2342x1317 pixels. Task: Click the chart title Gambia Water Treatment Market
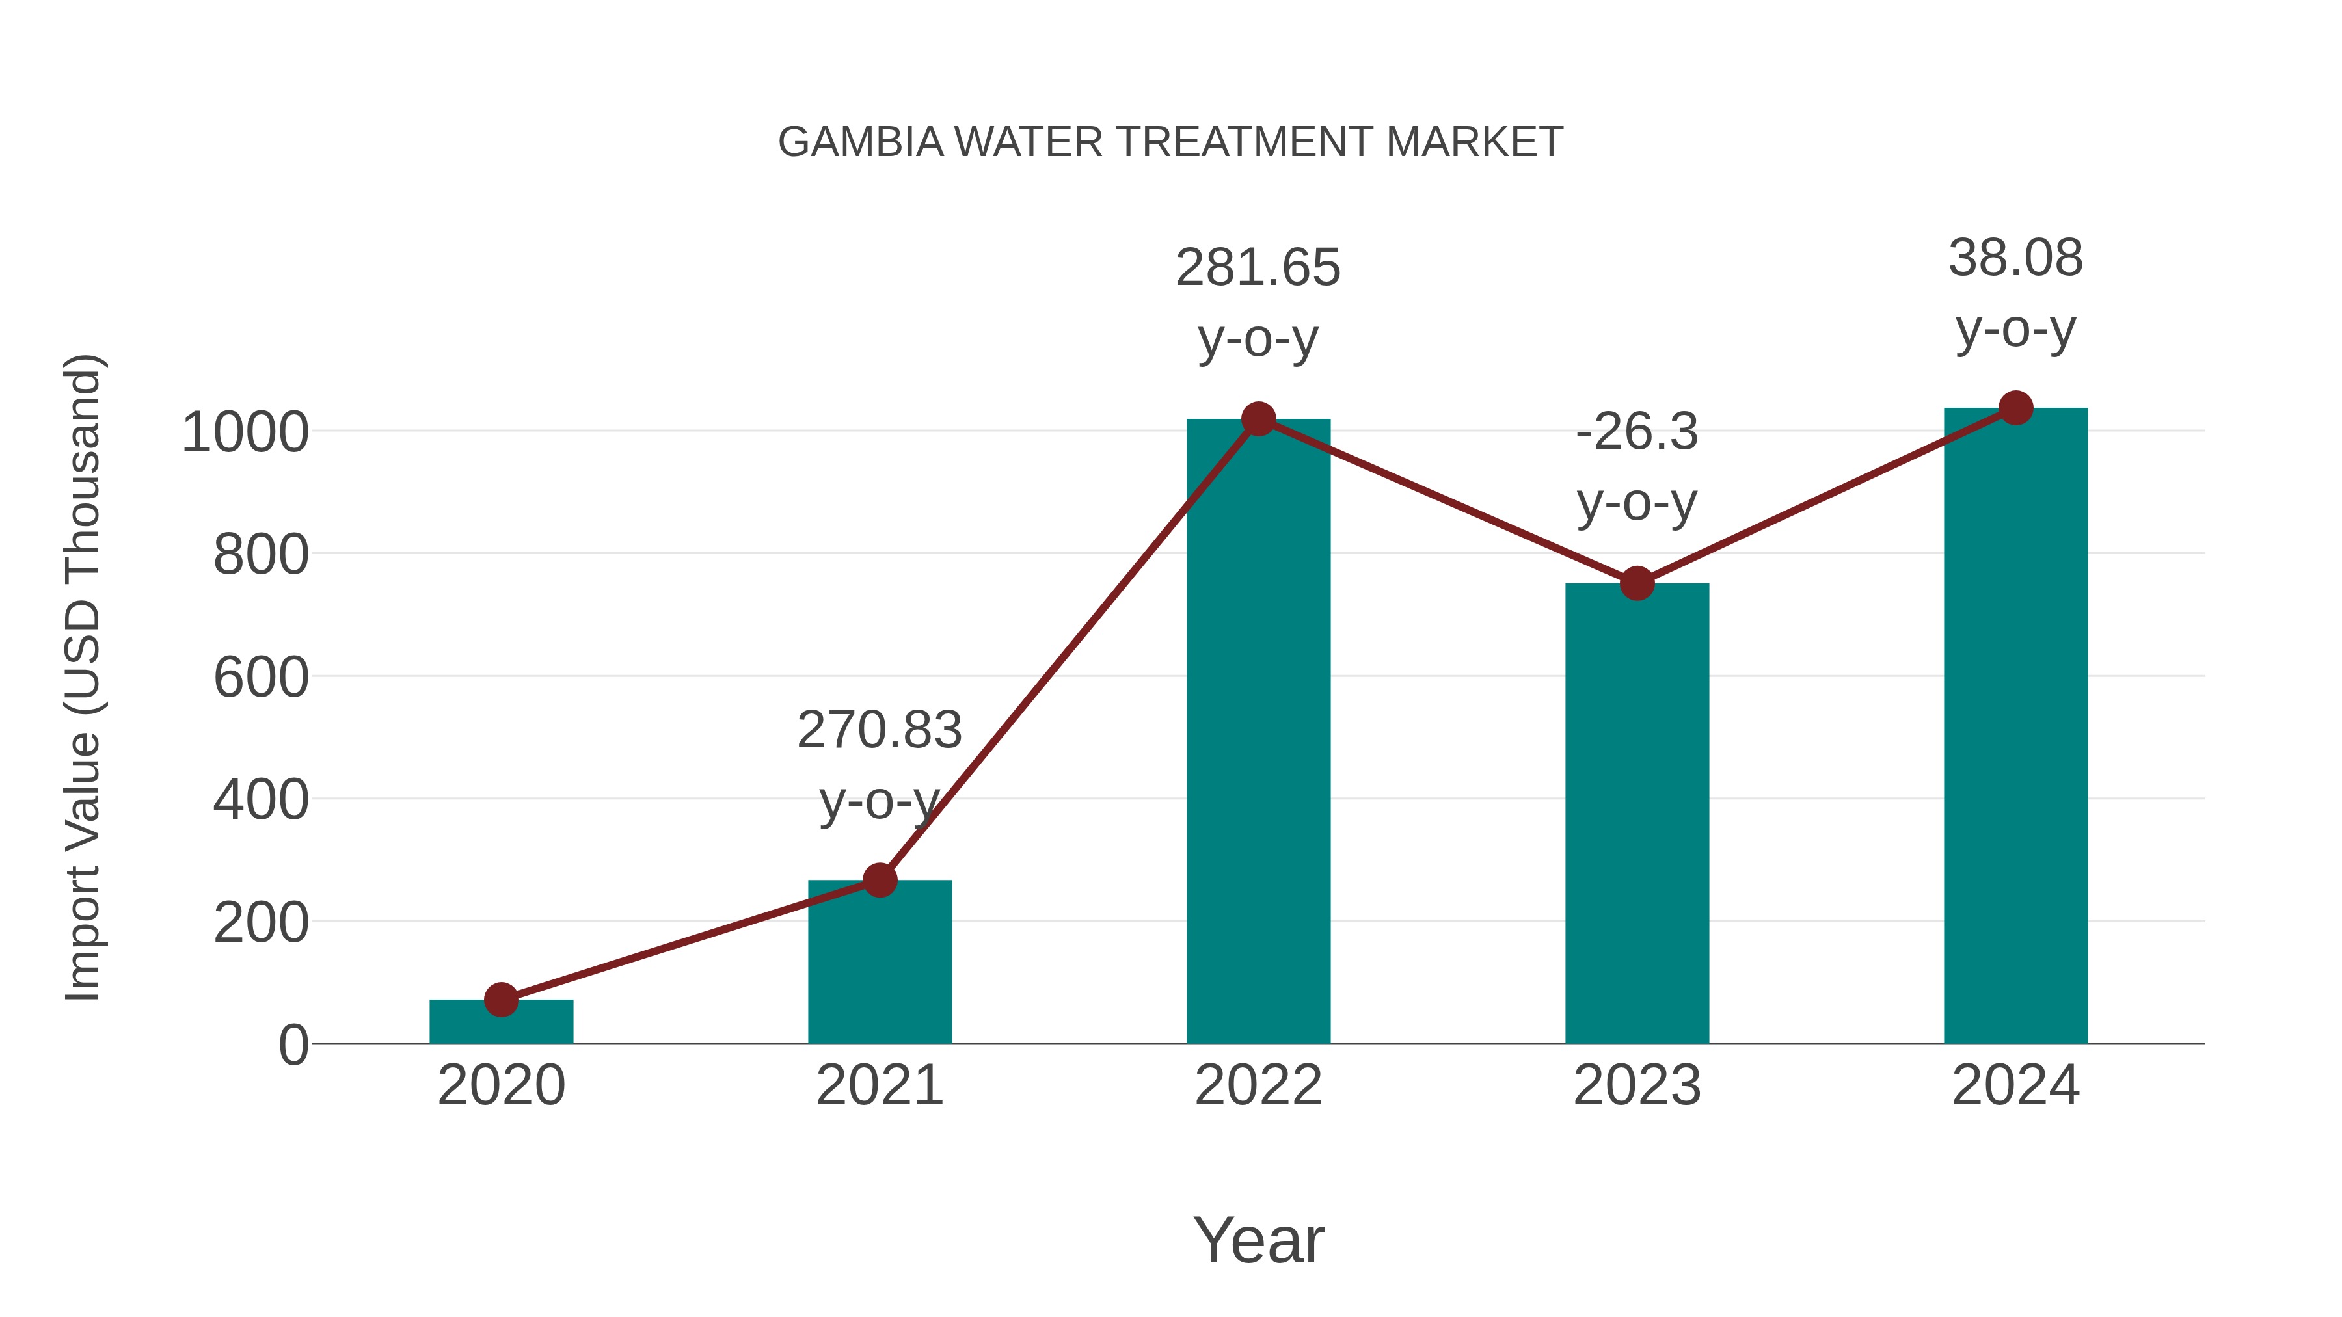(x=1170, y=142)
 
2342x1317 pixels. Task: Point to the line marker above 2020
(x=501, y=1000)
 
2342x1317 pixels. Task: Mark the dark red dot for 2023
(x=1637, y=583)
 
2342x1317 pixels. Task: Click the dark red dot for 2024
(x=2015, y=408)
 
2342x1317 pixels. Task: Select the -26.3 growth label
(x=1637, y=432)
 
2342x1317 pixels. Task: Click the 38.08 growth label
(x=2015, y=258)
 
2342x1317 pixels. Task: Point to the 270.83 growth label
(x=879, y=731)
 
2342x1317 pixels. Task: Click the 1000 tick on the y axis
(x=245, y=432)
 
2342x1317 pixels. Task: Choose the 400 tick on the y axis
(x=261, y=801)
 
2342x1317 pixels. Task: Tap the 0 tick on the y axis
(x=293, y=1045)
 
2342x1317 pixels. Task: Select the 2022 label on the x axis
(x=1258, y=1085)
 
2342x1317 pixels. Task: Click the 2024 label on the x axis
(x=2015, y=1085)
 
